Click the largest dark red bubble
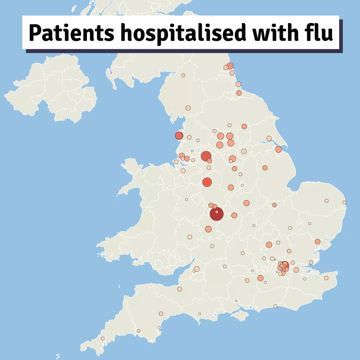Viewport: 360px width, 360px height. pos(217,214)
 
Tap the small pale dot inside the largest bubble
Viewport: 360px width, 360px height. pos(217,212)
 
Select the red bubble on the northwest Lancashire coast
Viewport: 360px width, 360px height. pos(179,136)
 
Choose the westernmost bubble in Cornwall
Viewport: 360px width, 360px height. pos(103,338)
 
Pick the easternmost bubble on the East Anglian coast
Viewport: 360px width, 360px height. pos(344,202)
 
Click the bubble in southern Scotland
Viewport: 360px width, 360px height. pos(183,75)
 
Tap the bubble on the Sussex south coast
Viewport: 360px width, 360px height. pos(275,306)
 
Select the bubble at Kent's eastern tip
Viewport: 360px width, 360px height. pos(326,278)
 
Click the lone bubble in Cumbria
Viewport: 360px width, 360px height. pos(188,108)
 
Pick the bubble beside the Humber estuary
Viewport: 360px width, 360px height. pos(278,149)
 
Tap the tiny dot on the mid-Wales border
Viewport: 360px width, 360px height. pos(186,199)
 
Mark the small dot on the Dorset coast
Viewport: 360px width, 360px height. pos(199,314)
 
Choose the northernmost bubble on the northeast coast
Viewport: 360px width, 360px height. pos(230,66)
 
